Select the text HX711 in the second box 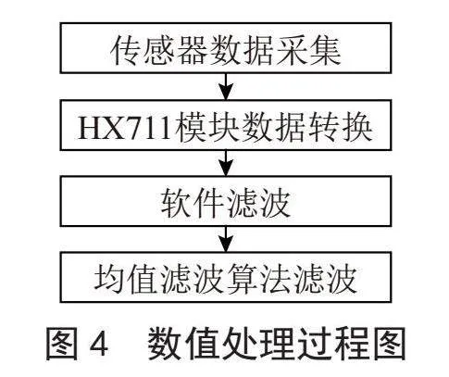[x=125, y=128]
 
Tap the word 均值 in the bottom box [x=127, y=279]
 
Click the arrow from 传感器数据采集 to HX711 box [x=226, y=86]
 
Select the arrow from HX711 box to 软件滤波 [x=226, y=163]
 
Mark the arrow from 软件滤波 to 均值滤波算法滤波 [x=226, y=239]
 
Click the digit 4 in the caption [x=99, y=343]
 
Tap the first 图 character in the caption [x=62, y=343]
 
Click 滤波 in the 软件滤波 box [x=259, y=203]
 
